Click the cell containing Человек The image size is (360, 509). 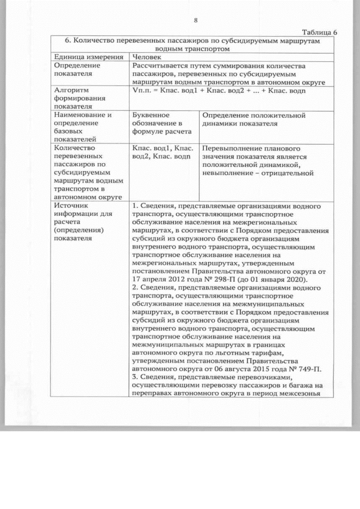coord(147,57)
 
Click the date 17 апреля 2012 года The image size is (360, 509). coord(168,280)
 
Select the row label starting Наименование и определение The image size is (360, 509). coord(79,128)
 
